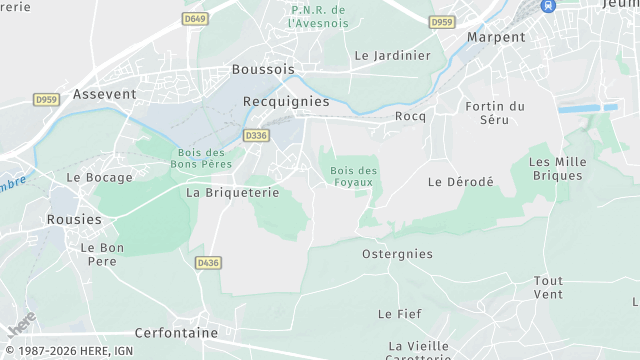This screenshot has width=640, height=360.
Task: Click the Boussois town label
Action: [264, 69]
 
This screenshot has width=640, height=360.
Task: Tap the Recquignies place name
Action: [286, 101]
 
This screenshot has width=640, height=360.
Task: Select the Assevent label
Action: [104, 93]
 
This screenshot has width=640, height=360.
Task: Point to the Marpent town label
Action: [496, 37]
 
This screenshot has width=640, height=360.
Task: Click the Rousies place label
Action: [74, 219]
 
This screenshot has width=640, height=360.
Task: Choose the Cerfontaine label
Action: [176, 333]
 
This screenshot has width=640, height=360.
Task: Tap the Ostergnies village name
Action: [397, 254]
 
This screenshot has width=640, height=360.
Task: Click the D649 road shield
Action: [194, 18]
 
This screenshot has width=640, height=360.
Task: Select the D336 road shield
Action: [256, 135]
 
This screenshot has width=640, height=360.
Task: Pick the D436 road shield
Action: [208, 263]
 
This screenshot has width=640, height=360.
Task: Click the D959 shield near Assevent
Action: [46, 100]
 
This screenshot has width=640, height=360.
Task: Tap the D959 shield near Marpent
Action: [442, 21]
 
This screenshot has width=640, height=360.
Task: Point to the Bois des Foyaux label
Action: [354, 176]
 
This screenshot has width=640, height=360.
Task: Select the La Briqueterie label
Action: [233, 192]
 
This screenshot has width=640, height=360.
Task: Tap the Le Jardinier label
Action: [392, 56]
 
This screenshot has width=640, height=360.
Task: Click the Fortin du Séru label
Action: [495, 113]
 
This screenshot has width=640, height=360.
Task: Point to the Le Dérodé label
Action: [461, 181]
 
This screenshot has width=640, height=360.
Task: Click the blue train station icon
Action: [548, 5]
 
